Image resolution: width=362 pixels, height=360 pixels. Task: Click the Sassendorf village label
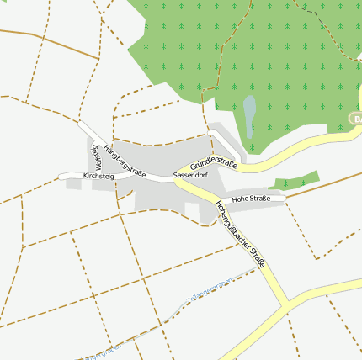click(189, 175)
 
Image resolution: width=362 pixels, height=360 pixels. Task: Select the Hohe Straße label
click(250, 199)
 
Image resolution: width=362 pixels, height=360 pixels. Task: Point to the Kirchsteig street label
click(98, 176)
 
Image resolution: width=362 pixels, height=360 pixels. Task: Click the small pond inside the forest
click(249, 115)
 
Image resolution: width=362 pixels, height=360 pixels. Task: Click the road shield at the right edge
click(356, 119)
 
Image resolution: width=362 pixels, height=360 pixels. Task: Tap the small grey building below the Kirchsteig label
click(74, 183)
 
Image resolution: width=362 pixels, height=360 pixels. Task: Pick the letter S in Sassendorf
click(175, 175)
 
